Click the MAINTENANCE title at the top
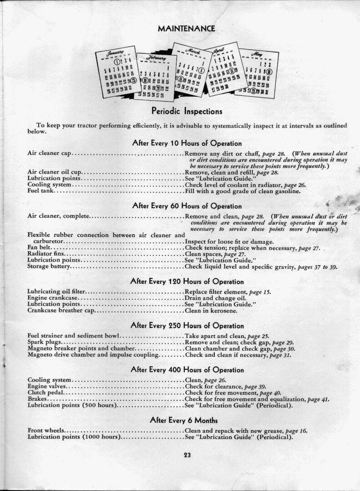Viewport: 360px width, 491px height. click(186, 28)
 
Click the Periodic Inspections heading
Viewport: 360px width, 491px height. click(187, 111)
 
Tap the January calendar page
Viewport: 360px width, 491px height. click(117, 73)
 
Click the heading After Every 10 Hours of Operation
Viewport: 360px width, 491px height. click(187, 143)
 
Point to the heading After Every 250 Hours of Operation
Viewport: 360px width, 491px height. click(187, 326)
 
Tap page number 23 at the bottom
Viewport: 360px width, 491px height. click(187, 455)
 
